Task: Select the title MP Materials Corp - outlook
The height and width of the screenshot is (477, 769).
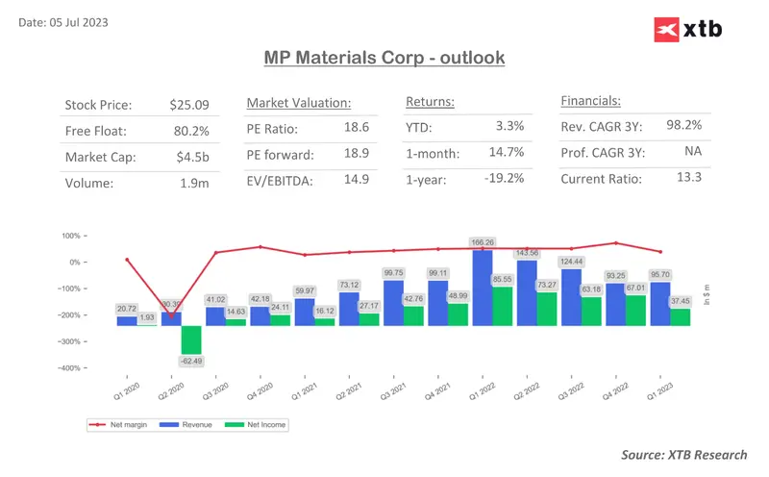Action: coord(384,59)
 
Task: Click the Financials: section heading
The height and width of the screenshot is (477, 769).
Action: coord(590,99)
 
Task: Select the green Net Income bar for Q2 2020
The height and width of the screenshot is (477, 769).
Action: coord(190,339)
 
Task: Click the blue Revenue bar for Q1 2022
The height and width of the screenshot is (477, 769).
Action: coord(482,289)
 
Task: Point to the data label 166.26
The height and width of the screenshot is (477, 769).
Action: coord(482,243)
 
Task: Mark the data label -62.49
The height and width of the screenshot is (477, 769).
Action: coord(190,361)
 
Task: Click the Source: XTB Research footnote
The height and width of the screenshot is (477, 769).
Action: coord(683,454)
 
